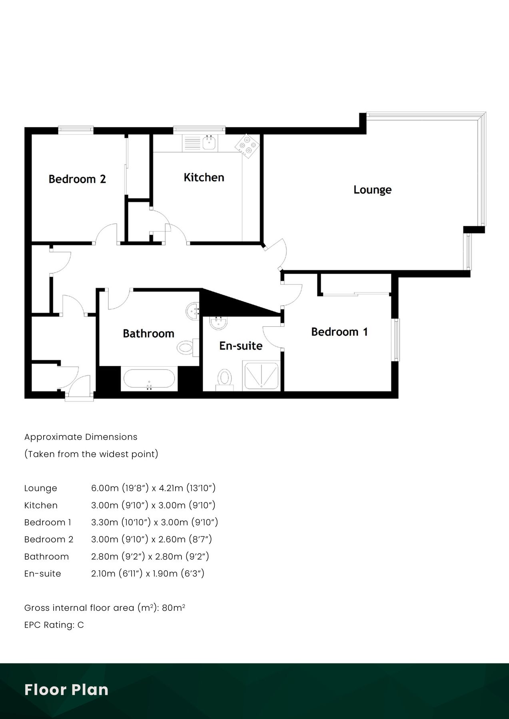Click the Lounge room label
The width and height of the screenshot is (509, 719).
[x=372, y=190]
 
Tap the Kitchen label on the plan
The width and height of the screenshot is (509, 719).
[x=204, y=177]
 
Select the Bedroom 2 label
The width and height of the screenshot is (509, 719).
[x=77, y=179]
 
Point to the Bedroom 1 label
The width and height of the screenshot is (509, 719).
[x=339, y=332]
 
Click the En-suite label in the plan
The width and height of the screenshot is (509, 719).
[x=241, y=346]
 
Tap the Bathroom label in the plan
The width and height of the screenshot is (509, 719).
[x=148, y=334]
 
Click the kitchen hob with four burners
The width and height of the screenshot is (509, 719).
[x=246, y=145]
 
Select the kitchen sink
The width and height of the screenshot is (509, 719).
[x=209, y=142]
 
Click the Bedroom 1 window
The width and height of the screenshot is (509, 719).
[x=395, y=340]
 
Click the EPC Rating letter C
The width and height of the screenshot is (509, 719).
[x=81, y=625]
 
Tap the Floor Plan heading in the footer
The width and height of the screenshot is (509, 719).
[x=66, y=690]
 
